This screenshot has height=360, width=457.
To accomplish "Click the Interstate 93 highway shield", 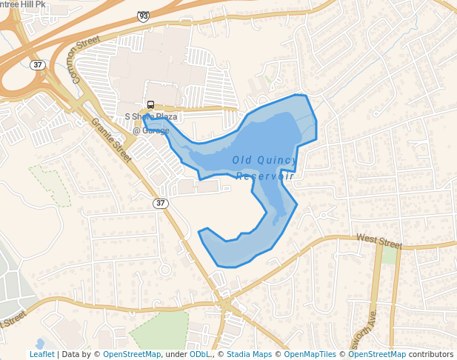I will tap(143, 16).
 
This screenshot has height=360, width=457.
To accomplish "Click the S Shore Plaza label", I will tap(150, 117).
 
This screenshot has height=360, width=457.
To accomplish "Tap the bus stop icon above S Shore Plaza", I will tap(150, 105).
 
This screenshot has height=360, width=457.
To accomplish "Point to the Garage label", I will tap(151, 131).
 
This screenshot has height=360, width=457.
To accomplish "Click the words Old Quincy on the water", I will tap(264, 160).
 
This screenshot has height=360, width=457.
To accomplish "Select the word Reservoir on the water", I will tap(265, 176).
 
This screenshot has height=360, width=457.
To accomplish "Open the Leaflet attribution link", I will tap(42, 354).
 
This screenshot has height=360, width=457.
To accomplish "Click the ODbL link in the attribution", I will tap(199, 354).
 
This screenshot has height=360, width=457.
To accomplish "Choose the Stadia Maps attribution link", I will tap(249, 354).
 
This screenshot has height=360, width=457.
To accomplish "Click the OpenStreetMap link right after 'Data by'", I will tap(132, 354).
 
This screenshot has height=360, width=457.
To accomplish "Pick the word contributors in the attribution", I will tap(431, 354).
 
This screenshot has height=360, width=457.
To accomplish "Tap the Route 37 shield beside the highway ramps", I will tap(38, 65).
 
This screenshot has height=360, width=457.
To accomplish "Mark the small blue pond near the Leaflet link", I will tap(39, 343).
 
